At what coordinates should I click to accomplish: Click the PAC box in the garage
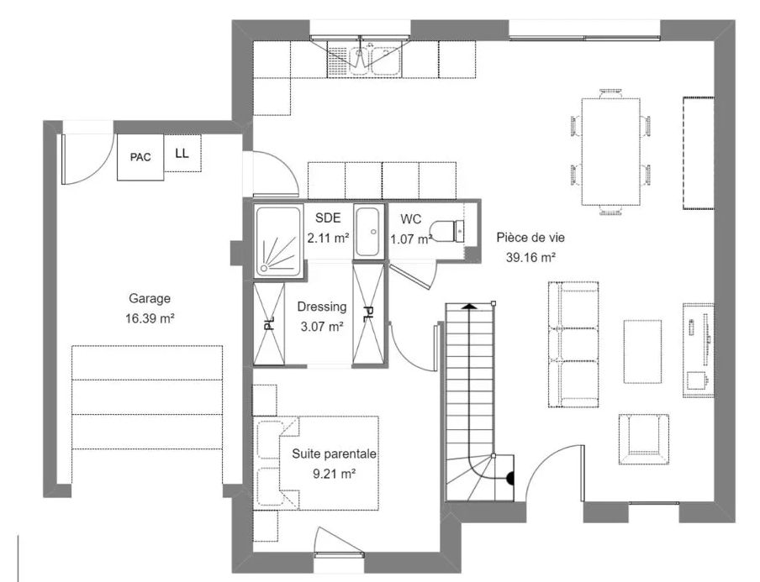140,157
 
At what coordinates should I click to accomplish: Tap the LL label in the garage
182,153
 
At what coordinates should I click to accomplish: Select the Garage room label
150,298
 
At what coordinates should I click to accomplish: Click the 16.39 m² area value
150,318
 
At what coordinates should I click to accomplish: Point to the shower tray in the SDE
277,240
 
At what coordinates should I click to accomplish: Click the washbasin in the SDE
369,231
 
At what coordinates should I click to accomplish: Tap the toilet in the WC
446,229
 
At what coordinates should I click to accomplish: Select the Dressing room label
321,307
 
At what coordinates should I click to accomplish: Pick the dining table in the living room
610,151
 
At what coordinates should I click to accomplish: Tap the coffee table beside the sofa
642,350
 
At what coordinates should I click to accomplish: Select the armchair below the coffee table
644,438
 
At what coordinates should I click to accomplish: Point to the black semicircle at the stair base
509,480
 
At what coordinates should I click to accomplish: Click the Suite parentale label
334,454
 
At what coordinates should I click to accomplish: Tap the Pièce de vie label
526,237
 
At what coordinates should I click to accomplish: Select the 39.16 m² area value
526,257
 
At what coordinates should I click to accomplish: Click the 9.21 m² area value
334,474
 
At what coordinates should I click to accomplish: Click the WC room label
410,218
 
